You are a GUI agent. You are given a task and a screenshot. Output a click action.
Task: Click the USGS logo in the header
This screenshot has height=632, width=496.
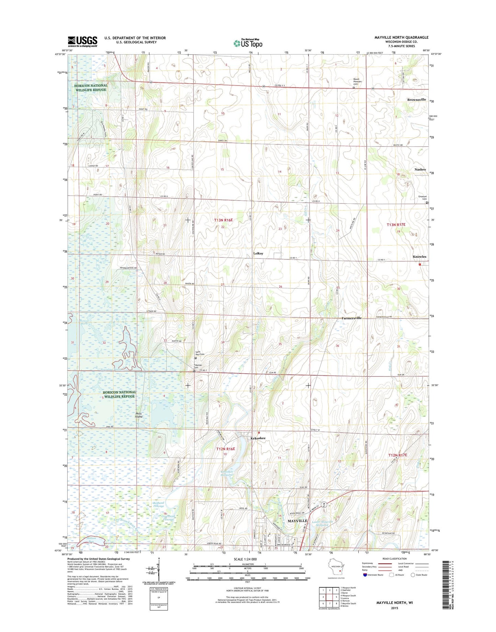(82, 41)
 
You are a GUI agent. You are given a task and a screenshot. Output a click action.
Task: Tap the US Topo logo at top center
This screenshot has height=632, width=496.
(248, 43)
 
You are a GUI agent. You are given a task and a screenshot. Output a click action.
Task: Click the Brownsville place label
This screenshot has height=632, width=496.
(416, 100)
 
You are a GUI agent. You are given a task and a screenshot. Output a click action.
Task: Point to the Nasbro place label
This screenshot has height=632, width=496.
(420, 169)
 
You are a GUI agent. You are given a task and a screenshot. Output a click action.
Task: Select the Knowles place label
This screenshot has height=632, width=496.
(419, 257)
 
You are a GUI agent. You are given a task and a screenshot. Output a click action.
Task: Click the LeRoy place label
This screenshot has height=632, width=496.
(258, 253)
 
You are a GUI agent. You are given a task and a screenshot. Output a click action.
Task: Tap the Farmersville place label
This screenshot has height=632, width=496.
(351, 318)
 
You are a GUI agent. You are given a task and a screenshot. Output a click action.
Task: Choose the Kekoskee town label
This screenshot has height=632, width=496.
(258, 438)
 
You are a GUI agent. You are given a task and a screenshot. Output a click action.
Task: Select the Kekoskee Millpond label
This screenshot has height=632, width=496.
(227, 474)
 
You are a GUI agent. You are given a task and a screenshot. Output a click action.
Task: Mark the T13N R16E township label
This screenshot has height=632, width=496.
(223, 220)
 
